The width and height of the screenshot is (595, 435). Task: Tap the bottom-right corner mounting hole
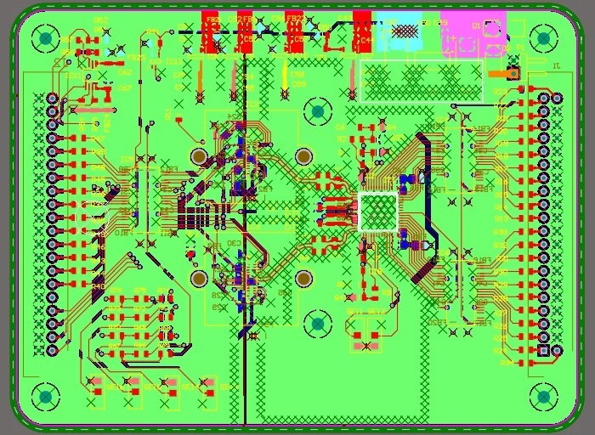pos(542,396)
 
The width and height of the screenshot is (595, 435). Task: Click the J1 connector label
pos(557,65)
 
